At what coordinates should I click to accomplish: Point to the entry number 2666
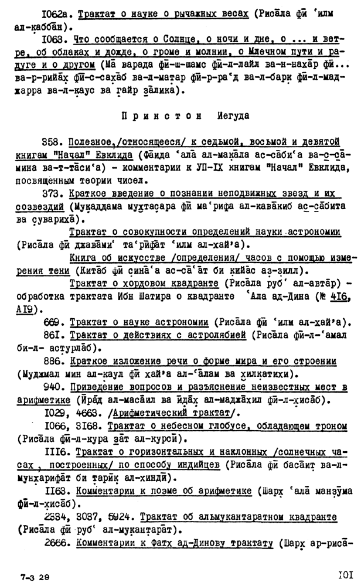[55, 542]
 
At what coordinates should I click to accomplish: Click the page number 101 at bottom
[343, 574]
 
